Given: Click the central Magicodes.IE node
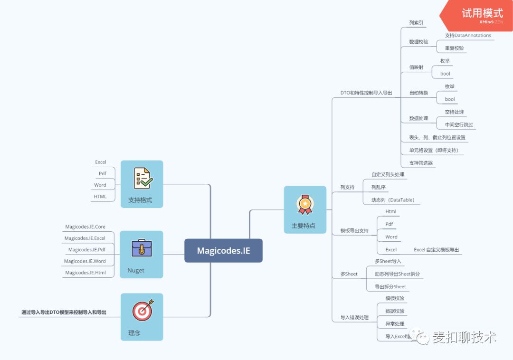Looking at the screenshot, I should (x=223, y=251).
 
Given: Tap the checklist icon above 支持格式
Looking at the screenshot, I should (x=142, y=178).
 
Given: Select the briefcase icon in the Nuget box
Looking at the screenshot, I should (x=142, y=248).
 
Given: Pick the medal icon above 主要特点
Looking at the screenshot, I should (x=305, y=204).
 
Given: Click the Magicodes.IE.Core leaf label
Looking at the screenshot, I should (x=85, y=227).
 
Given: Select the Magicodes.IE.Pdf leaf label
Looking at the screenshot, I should (x=86, y=250).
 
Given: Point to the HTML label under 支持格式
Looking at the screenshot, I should (x=100, y=197).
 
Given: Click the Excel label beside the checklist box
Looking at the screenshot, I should (x=101, y=162).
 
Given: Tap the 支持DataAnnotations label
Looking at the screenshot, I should (x=468, y=36).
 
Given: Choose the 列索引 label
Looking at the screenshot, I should (x=416, y=22).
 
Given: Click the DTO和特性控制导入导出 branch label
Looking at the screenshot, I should (x=366, y=93).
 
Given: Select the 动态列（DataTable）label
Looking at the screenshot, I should (x=393, y=200).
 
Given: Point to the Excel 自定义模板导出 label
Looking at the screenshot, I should (x=437, y=250).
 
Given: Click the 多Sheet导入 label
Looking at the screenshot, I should (x=388, y=261).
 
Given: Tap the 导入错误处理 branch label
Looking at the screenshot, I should (x=354, y=318).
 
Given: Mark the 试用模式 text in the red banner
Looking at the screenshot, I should (x=482, y=13).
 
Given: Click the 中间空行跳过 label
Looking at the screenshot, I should (x=459, y=125).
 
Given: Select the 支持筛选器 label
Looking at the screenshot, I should (x=421, y=163).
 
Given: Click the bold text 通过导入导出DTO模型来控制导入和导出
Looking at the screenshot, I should (x=64, y=313).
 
